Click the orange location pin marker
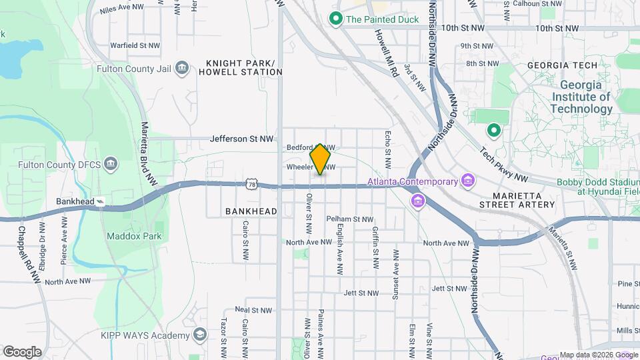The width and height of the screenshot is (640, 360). tap(321, 159)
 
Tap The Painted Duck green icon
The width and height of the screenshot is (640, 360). tap(337, 19)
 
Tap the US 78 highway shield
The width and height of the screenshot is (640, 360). tap(251, 183)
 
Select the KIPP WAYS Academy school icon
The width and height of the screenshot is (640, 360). tap(199, 335)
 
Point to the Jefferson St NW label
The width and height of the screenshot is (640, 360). tap(241, 139)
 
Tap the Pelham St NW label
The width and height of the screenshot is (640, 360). tap(350, 219)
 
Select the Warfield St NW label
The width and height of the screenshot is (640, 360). tap(135, 45)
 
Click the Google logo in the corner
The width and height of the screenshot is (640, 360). tap(22, 351)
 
